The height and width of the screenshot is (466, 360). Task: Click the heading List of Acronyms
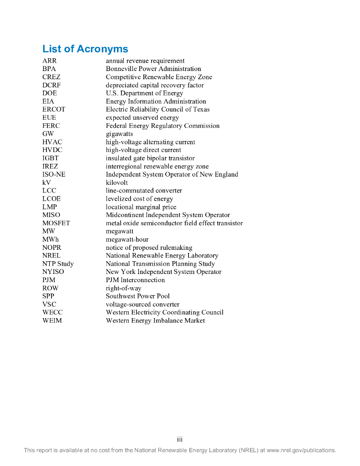(85, 49)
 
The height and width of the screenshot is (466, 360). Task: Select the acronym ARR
(50, 61)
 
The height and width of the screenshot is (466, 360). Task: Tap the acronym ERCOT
(54, 110)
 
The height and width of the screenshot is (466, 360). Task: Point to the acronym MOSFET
(56, 223)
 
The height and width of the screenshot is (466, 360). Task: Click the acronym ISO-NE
(54, 175)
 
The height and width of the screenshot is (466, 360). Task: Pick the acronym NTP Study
(58, 264)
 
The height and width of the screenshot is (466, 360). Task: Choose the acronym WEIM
(52, 321)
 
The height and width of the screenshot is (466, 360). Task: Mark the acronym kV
(46, 183)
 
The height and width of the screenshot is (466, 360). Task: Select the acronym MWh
(51, 240)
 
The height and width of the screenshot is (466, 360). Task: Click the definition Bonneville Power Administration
(153, 69)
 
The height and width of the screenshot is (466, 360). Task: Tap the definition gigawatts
(119, 134)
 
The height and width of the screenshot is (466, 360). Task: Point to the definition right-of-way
(123, 289)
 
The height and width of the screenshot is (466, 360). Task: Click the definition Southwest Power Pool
(137, 296)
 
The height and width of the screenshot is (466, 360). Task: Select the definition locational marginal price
(141, 207)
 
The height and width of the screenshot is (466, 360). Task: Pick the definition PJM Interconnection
(135, 280)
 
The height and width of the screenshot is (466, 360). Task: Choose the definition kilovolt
(117, 183)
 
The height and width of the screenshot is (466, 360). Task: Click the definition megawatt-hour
(127, 240)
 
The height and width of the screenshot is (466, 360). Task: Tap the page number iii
(180, 440)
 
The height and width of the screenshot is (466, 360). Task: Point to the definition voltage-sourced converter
(142, 304)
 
